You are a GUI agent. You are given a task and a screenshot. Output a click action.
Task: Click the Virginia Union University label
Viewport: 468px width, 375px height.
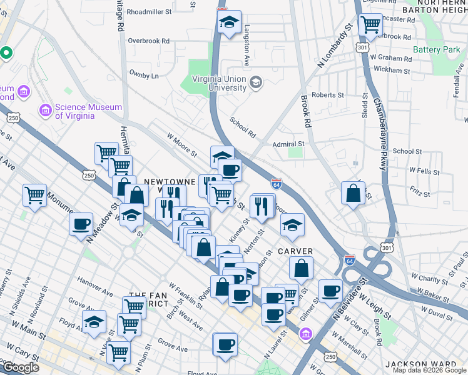(218, 83)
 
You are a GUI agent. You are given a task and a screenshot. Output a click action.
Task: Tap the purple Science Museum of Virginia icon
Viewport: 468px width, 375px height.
(45, 111)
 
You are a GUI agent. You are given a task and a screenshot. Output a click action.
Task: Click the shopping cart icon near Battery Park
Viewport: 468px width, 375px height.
(370, 24)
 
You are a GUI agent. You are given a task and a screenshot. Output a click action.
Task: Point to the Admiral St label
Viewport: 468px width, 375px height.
(288, 143)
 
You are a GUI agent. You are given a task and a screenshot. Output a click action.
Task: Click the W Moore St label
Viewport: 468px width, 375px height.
(181, 144)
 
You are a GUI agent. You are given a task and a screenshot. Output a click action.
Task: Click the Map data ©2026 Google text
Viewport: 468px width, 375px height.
(429, 370)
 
